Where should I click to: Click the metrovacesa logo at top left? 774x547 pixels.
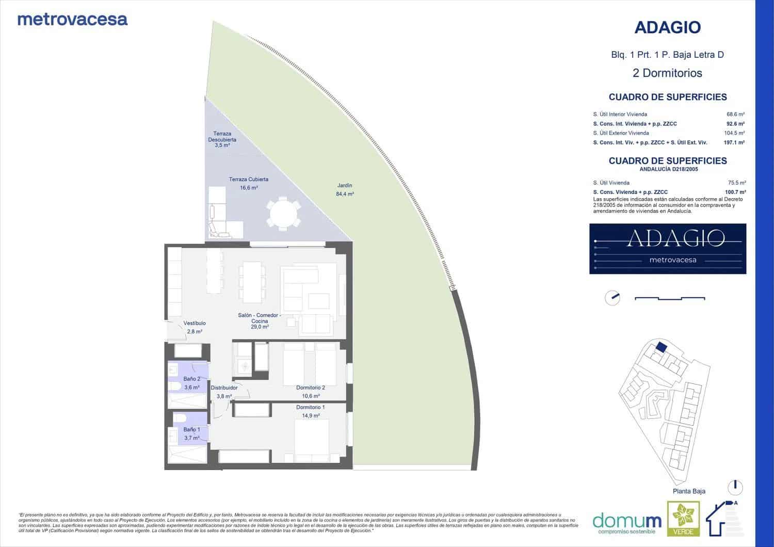coord(72,20)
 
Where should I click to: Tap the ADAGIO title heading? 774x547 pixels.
coord(667,27)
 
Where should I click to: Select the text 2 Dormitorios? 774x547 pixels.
coord(667,73)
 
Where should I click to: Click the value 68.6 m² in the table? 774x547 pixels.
coord(735,115)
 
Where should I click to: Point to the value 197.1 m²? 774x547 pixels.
coord(734,142)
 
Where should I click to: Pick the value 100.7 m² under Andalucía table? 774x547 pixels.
coord(735,192)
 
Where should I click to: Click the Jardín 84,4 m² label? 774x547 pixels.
coord(345,189)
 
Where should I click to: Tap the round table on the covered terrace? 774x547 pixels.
coord(283,213)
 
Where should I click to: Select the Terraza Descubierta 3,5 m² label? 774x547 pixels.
coord(222,139)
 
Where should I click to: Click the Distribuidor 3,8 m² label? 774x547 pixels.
coord(224,392)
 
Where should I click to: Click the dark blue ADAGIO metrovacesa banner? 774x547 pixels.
coord(667,249)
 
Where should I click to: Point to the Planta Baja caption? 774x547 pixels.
coord(689,491)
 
